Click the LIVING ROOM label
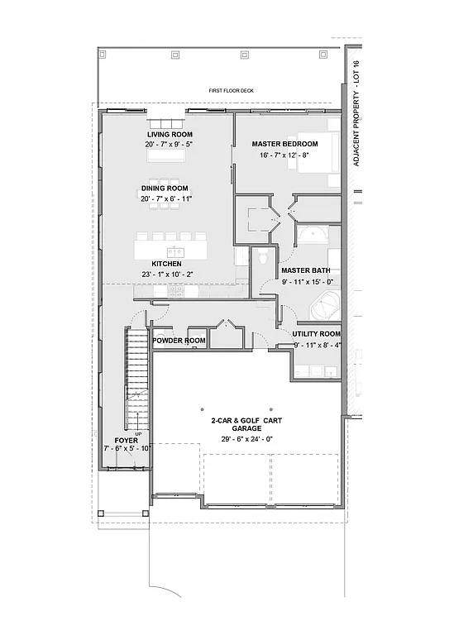tap(170, 134)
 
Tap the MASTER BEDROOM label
tap(284, 144)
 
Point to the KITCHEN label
tap(166, 264)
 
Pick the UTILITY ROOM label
tap(317, 333)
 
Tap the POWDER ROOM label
tap(179, 341)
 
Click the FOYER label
tap(127, 441)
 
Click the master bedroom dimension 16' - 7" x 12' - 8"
tap(284, 155)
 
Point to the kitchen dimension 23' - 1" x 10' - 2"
tap(166, 275)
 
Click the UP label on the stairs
tap(138, 435)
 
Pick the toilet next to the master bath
tap(261, 258)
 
